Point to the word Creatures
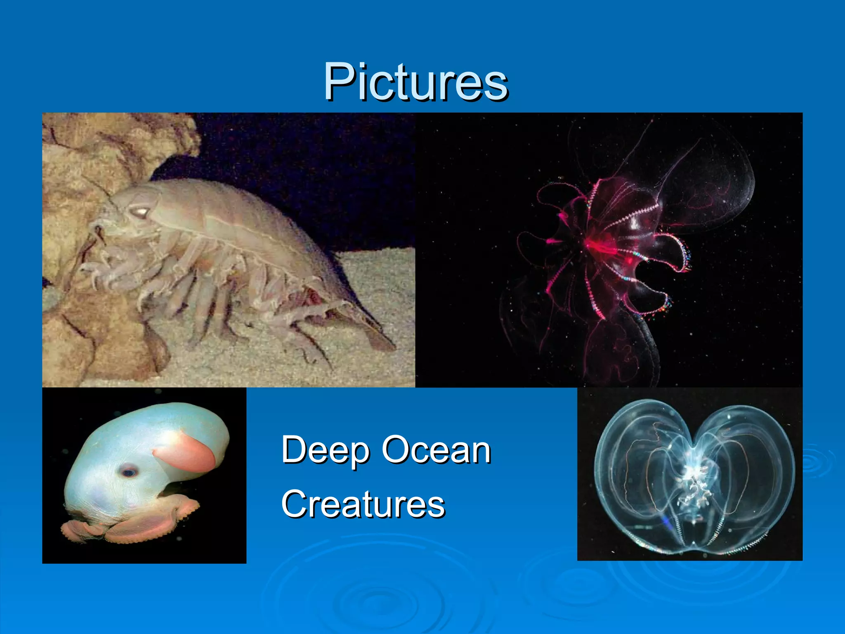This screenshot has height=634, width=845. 363,504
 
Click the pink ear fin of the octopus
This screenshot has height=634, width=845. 186,454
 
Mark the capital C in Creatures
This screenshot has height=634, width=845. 295,504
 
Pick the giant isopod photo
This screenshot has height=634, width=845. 229,250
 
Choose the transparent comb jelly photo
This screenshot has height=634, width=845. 690,474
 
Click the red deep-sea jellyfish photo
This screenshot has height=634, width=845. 609,250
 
